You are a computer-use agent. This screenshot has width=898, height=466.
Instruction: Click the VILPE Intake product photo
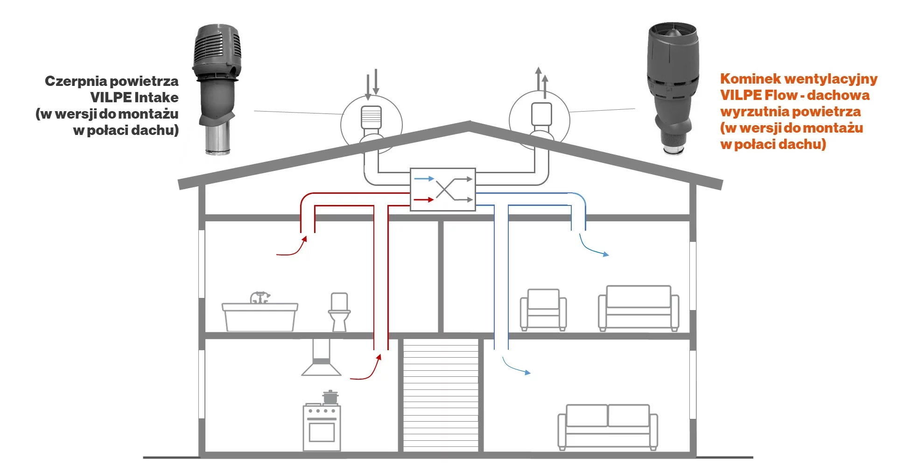tap(217, 89)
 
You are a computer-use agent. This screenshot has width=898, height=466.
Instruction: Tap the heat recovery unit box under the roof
tap(442, 189)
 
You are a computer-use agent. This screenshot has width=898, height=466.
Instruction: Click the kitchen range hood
tap(321, 360)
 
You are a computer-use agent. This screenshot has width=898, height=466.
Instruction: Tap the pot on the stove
tap(330, 397)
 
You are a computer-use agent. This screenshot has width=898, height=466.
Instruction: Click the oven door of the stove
tap(322, 431)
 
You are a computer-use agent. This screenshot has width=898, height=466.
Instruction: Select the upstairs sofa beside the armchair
tap(638, 308)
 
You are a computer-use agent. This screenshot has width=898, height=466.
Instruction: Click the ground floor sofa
tap(608, 426)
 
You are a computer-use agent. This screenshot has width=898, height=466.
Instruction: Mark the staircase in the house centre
tap(441, 395)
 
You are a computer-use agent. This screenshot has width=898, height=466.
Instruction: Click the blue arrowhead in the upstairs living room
tap(606, 254)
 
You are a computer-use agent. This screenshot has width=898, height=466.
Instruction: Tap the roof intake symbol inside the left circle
tap(372, 118)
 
